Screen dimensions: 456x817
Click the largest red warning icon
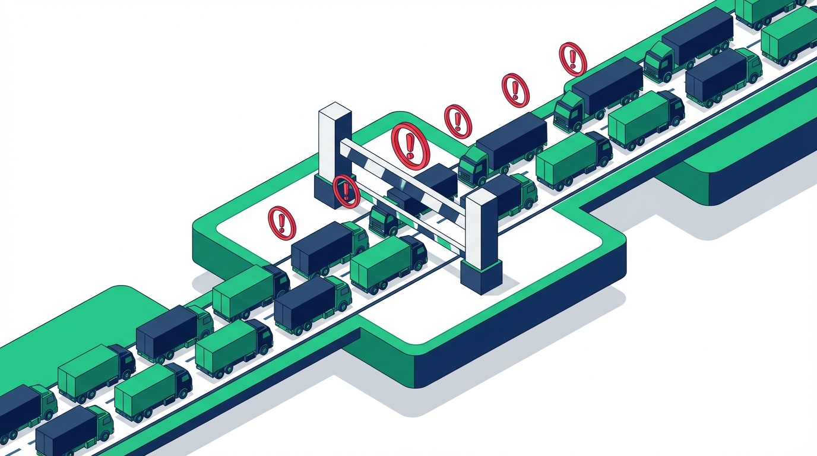tap(410, 145)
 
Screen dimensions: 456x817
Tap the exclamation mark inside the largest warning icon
tap(410, 145)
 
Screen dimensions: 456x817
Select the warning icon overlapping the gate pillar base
tap(346, 191)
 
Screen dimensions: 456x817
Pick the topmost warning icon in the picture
tap(572, 58)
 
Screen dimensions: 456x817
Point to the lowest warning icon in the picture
tap(281, 222)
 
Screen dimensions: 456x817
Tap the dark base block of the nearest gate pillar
tap(481, 276)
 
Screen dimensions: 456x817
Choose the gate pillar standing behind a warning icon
tap(334, 154)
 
